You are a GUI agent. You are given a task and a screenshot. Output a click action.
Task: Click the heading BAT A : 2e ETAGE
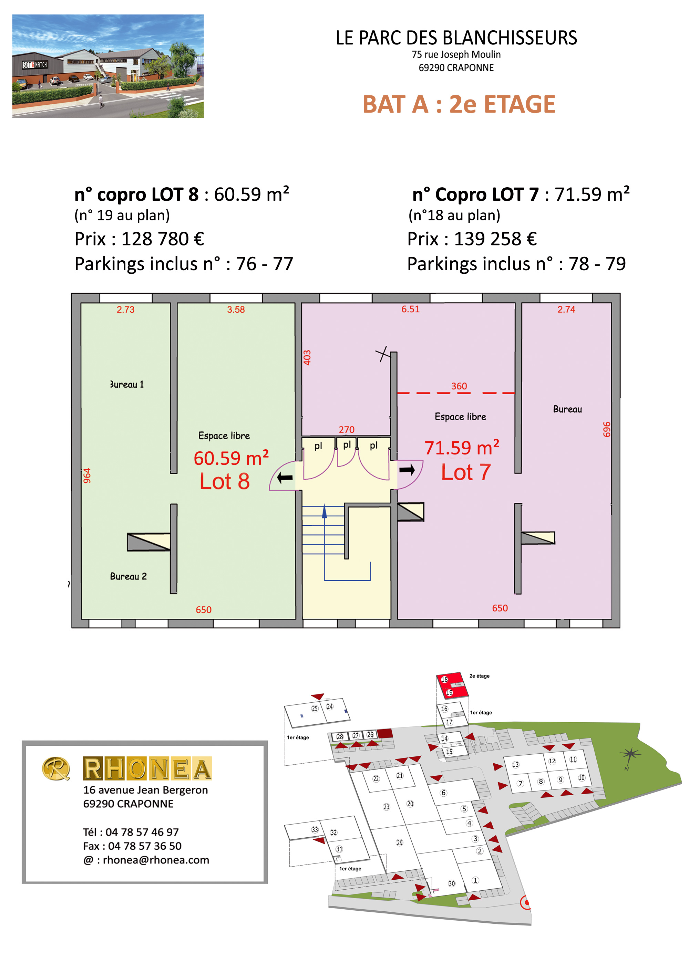click(x=459, y=104)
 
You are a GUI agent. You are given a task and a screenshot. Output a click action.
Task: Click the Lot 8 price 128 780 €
click(x=163, y=239)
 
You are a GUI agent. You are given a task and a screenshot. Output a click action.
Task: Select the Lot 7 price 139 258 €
click(x=495, y=239)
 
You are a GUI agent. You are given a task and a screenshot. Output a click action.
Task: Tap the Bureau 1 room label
click(x=127, y=384)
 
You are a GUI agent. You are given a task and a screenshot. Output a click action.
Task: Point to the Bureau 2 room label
click(x=128, y=576)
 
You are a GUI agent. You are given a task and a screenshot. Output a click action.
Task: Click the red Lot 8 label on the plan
click(x=225, y=481)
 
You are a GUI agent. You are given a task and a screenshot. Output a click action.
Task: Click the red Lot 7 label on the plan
click(x=466, y=472)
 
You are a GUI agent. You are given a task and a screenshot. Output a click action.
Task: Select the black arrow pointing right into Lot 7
click(x=407, y=470)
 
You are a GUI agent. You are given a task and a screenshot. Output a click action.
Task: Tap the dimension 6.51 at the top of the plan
click(x=411, y=309)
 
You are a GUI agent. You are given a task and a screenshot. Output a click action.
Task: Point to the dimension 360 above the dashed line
click(x=459, y=386)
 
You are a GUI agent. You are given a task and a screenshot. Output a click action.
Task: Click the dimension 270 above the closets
click(x=347, y=430)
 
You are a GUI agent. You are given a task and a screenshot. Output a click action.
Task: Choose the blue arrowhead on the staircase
click(x=324, y=511)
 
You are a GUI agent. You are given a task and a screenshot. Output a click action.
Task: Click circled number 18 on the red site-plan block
click(x=444, y=679)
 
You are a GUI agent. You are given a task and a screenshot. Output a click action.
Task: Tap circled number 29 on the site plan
click(x=400, y=842)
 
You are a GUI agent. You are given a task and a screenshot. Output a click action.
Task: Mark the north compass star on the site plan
click(x=630, y=754)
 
